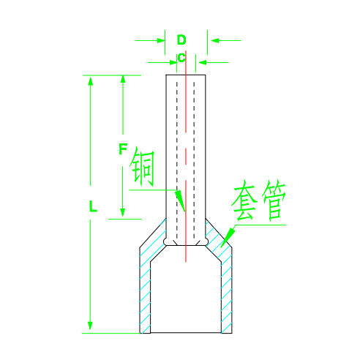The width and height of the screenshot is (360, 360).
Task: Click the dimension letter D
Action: [181, 40]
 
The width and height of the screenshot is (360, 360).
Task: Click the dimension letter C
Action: [181, 58]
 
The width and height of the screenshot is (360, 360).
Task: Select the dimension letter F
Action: [123, 149]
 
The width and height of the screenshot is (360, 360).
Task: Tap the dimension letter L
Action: [93, 206]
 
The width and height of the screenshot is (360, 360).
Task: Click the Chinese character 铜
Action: [142, 166]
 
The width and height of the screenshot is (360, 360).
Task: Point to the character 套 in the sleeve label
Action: [245, 200]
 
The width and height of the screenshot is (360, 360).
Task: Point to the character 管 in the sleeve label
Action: [274, 200]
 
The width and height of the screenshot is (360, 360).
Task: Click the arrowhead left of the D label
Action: [161, 40]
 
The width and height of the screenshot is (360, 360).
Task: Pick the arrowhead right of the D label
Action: [215, 40]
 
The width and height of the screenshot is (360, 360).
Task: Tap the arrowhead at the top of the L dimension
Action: [91, 81]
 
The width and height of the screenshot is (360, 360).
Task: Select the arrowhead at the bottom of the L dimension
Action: [90, 326]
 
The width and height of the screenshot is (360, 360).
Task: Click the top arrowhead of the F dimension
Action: [123, 79]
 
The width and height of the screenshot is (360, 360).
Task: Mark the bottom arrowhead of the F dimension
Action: [123, 212]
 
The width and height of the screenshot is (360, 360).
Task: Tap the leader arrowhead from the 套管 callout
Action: [229, 236]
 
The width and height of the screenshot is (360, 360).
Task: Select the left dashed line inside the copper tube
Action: [177, 160]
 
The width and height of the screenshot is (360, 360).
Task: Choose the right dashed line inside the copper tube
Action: [194, 160]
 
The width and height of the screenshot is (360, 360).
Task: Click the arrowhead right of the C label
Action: [203, 62]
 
